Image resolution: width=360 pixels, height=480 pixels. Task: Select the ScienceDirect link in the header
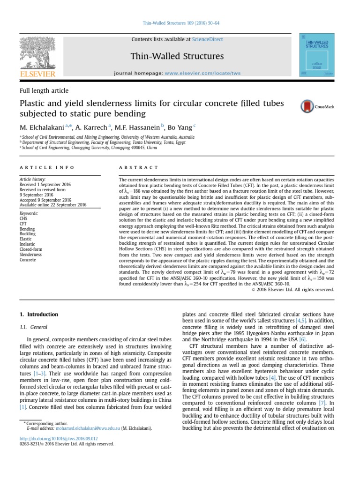[197, 40]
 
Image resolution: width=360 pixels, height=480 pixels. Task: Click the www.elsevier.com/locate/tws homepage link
[197, 74]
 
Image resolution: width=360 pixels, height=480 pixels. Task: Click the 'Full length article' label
[44, 91]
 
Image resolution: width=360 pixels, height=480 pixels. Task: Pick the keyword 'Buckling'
[27, 233]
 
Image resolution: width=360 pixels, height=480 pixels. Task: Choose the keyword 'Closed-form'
[30, 249]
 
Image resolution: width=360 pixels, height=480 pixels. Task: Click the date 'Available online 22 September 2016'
[52, 205]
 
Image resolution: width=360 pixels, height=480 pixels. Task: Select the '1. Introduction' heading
[39, 314]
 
